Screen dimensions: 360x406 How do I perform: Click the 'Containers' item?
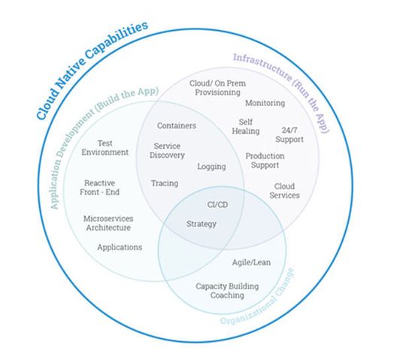177,125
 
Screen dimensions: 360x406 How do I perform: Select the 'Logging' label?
211,166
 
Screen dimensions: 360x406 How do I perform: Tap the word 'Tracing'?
165,183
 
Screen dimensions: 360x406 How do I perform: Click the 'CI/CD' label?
218,204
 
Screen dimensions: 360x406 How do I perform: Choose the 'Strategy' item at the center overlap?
201,223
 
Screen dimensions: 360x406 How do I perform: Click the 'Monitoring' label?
265,103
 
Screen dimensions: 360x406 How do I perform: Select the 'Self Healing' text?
249,126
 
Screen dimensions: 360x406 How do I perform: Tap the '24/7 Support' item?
289,135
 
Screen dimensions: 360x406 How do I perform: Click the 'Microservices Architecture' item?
107,222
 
